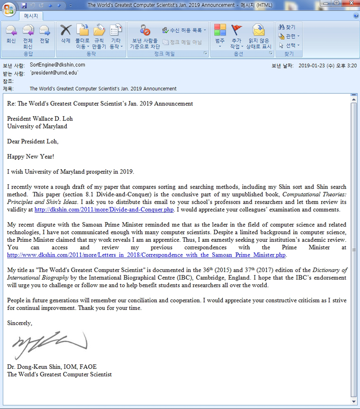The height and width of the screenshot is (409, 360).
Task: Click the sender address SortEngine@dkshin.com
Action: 57,65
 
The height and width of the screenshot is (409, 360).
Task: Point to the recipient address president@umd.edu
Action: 54,73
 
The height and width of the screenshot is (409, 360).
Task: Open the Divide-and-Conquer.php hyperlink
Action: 104,210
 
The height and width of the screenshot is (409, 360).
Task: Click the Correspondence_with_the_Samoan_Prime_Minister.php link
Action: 146,255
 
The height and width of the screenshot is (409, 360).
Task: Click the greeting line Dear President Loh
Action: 33,141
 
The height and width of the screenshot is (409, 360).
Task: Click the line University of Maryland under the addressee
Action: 37,127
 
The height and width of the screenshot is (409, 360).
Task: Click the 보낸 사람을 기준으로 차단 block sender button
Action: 144,36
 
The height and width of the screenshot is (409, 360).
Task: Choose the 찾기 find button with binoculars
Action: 287,27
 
